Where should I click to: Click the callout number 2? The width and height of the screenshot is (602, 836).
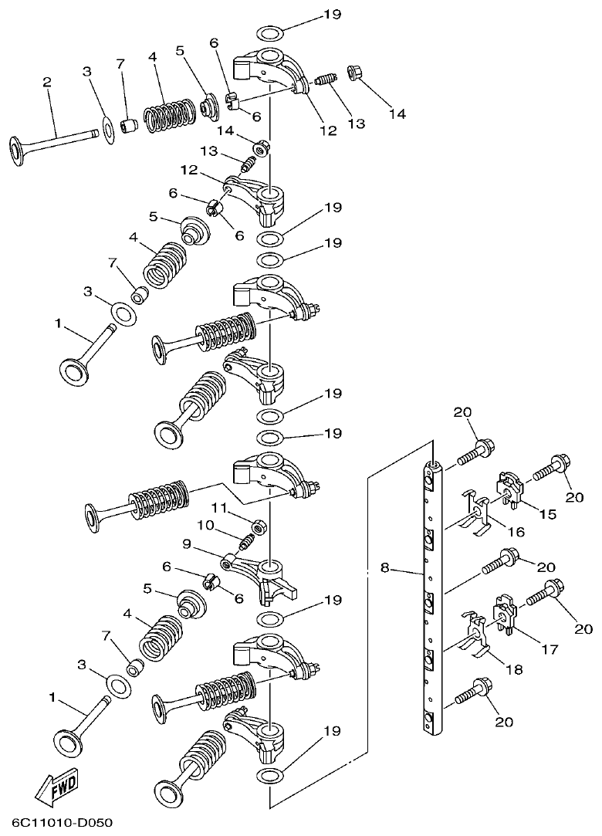click(47, 82)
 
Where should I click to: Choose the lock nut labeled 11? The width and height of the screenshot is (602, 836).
click(260, 527)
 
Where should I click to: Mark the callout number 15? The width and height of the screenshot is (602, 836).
click(547, 513)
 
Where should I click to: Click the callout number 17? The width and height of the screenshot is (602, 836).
click(549, 649)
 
